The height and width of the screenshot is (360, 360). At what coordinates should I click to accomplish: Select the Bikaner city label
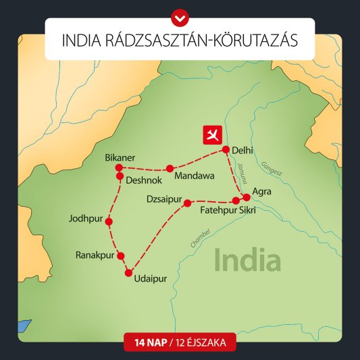tap(120, 157)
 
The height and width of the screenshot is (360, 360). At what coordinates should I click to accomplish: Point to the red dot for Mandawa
tap(170, 168)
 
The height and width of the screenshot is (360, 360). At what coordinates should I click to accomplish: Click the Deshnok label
tap(145, 181)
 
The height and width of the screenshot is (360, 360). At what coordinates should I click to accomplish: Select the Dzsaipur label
tap(164, 199)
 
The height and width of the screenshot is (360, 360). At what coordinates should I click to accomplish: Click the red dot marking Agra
tap(247, 197)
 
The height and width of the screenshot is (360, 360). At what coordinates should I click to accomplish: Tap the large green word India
tap(247, 259)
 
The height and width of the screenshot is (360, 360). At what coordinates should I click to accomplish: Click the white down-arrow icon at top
tap(180, 14)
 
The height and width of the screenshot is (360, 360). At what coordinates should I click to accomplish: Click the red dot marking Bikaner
tap(118, 167)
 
